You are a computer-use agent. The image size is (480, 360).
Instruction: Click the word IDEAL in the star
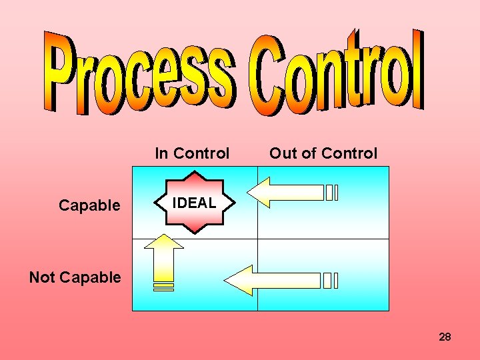coord(195,203)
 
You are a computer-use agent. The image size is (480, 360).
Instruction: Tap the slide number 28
coord(445,337)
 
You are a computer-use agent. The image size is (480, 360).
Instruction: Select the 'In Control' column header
coord(192,153)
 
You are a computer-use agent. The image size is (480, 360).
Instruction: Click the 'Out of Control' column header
coord(323,153)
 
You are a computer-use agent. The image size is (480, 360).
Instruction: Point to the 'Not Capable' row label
coord(75,277)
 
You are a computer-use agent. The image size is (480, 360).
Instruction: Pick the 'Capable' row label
coord(89,205)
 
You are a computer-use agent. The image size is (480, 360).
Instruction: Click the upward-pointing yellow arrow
coord(163,256)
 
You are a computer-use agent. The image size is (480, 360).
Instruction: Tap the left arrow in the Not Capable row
coord(270,281)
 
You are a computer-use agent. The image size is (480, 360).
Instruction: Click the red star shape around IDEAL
coord(195,180)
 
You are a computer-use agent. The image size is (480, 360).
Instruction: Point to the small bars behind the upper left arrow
coord(331,193)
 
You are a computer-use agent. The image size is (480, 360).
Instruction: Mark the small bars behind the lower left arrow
coord(331,281)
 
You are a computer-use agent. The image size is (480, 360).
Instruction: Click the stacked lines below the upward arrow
coord(163,287)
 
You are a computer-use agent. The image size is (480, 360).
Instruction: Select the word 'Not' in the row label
coord(41,277)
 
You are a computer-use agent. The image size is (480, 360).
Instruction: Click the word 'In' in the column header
coord(161,153)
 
